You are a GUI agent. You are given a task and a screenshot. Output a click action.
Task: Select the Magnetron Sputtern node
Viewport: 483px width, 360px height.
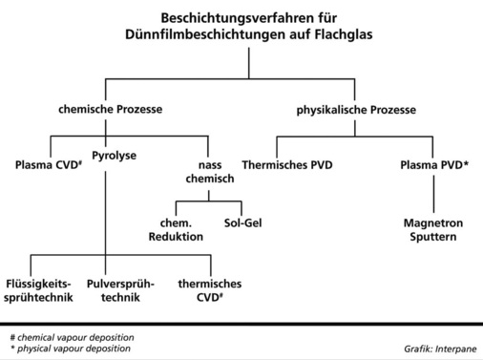[x=434, y=230]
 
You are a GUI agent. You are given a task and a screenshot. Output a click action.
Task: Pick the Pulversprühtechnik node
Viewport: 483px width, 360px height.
[x=114, y=291]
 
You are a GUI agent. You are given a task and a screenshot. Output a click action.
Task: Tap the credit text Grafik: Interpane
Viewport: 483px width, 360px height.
[x=436, y=349]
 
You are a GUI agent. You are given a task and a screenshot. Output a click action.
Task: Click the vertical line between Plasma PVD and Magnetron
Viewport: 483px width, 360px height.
[x=434, y=196]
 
